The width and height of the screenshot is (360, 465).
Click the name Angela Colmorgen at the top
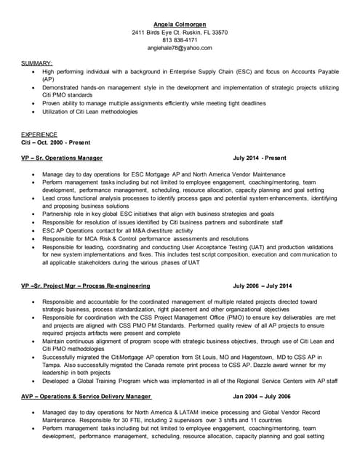point(180,24)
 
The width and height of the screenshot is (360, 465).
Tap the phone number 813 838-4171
point(180,40)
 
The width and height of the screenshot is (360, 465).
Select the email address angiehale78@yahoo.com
point(180,48)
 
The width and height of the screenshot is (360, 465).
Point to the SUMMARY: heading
point(36,64)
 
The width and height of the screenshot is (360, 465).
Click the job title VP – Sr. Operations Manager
point(62,158)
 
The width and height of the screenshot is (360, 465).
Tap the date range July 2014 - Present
point(260,158)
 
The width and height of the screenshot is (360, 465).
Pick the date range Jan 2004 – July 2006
point(261,396)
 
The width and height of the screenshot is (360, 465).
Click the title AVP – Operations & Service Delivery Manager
point(86,396)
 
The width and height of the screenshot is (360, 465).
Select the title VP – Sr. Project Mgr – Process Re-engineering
point(84,286)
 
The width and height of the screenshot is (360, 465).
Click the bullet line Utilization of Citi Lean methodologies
point(89,112)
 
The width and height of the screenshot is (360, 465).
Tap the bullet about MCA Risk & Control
point(145,238)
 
